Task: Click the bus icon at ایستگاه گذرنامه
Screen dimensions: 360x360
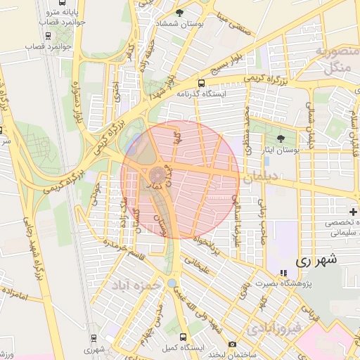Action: pos(202,82)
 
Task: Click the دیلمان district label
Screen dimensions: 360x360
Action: pos(261,180)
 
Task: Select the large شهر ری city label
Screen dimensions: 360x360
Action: pos(316,259)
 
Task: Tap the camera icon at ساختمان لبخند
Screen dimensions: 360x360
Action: pos(232,345)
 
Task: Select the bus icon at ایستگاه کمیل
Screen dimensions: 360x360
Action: pos(184,337)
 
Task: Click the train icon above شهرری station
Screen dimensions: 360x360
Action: pos(90,338)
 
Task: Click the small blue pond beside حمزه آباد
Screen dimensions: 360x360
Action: pos(172,283)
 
